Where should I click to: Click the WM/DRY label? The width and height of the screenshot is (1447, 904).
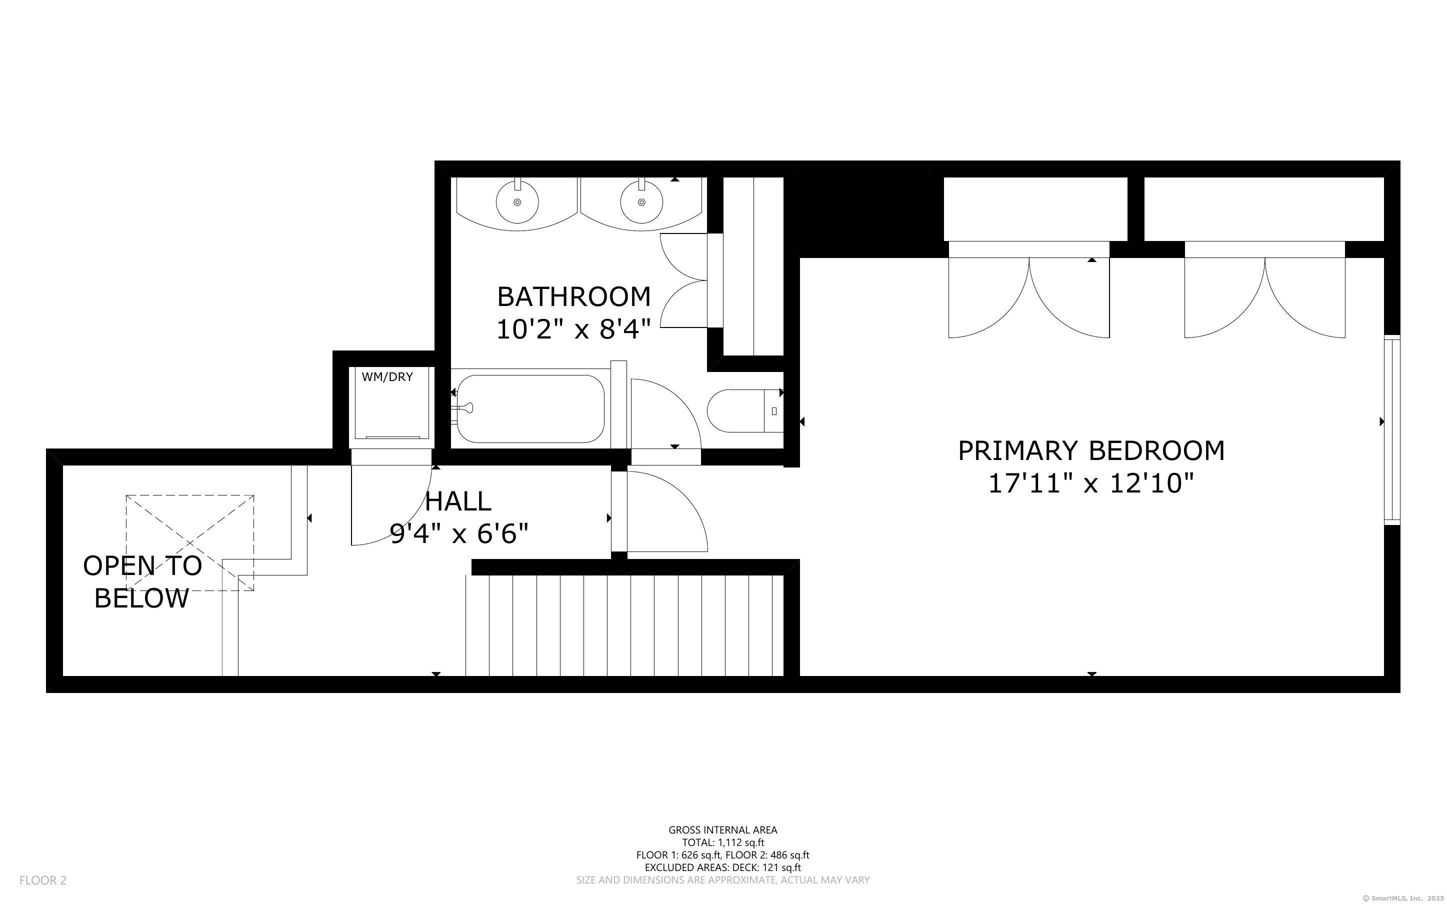[x=387, y=376]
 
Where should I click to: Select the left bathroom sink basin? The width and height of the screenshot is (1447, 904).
[x=517, y=202]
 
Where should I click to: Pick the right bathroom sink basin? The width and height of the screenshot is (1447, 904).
[x=641, y=202]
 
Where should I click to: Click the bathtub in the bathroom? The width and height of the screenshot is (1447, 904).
[x=529, y=409]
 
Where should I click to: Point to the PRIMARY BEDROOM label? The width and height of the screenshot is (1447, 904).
[x=1091, y=451]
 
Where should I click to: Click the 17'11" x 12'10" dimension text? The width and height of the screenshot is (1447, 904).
[x=1091, y=483]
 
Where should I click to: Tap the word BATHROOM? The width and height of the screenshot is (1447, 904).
[x=574, y=296]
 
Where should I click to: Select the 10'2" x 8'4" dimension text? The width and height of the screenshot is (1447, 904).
[x=574, y=329]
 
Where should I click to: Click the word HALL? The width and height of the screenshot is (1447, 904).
[x=458, y=501]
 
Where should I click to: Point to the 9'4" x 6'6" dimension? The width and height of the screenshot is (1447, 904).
[x=459, y=533]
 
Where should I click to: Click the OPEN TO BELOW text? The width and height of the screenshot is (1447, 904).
[x=142, y=581]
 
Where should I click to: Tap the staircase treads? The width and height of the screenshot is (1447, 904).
[x=624, y=625]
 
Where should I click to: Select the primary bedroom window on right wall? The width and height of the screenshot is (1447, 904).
[x=1392, y=430]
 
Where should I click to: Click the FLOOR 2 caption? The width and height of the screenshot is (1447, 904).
[x=43, y=880]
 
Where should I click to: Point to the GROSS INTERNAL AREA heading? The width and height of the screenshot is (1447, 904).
[x=722, y=830]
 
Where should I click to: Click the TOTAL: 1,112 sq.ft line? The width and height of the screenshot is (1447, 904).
[x=723, y=842]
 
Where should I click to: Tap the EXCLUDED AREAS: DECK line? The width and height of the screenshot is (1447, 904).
[x=722, y=867]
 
